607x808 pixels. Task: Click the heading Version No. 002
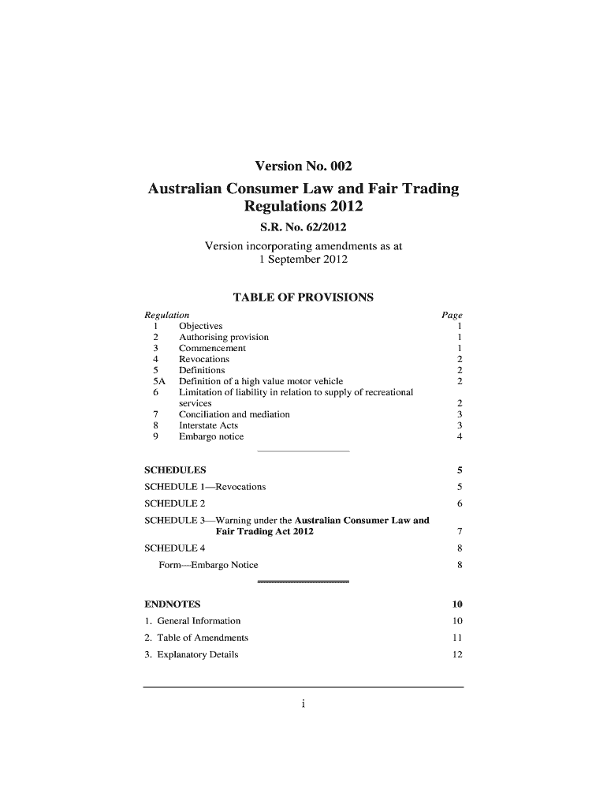pos(303,166)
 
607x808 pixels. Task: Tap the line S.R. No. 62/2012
pos(303,228)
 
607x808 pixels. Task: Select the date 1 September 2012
pos(303,259)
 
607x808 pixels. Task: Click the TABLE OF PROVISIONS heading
pos(303,298)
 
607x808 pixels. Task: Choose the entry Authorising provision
pos(224,337)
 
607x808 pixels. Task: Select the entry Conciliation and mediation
pos(234,414)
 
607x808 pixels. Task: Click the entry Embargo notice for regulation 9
pos(211,436)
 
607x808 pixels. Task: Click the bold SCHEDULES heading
pos(171,470)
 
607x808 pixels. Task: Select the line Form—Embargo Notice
pos(208,565)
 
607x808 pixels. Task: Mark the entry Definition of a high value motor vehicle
pos(261,381)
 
